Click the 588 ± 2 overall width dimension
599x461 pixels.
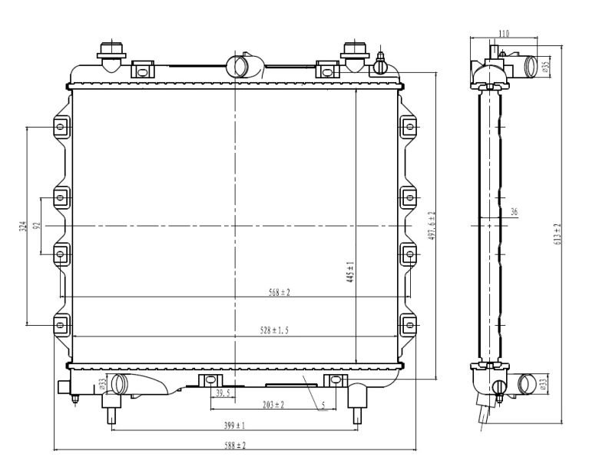(235, 446)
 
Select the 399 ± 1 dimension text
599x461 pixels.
(234, 425)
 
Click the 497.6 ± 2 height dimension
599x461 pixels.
(432, 225)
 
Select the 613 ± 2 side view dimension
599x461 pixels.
(558, 234)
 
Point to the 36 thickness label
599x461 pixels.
(514, 212)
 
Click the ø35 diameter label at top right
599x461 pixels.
(546, 66)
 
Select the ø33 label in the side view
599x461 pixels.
(544, 383)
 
